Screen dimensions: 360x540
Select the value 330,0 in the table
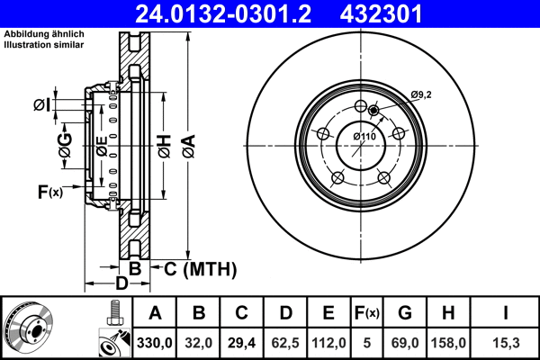(155, 343)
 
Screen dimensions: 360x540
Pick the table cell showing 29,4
(242, 343)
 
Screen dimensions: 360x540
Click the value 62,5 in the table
(285, 343)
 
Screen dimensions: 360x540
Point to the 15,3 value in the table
(506, 343)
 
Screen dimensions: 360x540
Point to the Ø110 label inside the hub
(364, 136)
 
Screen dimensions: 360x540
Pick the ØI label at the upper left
(41, 105)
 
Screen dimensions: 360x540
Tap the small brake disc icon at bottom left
(30, 328)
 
